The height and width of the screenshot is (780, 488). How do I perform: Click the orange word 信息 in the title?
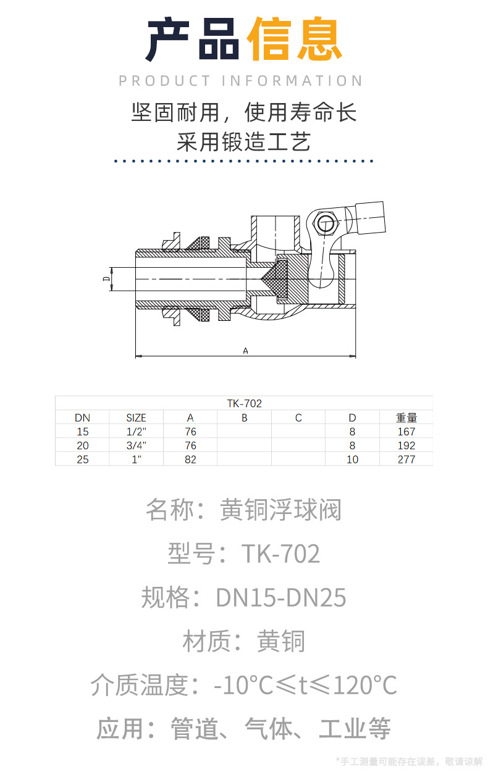(294, 40)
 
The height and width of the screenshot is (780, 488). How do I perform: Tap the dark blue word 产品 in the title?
(193, 40)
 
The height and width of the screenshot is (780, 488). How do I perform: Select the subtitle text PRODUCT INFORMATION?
(241, 81)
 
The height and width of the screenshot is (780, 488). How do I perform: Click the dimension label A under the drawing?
(245, 351)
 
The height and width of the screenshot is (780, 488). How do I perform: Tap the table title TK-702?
(244, 404)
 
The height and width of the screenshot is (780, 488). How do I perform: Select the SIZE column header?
(136, 418)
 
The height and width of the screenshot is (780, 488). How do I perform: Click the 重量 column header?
(406, 418)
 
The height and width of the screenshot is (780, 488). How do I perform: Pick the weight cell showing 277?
(406, 459)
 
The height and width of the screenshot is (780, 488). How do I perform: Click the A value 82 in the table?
(190, 459)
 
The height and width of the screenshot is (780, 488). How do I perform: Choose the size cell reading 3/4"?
(136, 446)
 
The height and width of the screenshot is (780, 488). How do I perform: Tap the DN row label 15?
(82, 432)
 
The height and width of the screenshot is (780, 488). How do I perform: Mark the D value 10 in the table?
(352, 459)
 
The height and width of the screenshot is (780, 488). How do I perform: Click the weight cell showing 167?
(406, 432)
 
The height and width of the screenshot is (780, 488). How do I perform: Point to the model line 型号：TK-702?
(244, 554)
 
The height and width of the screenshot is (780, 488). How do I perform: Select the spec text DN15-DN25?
(281, 597)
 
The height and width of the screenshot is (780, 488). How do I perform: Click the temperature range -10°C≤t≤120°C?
(305, 685)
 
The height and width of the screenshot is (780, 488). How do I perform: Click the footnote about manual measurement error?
(409, 761)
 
